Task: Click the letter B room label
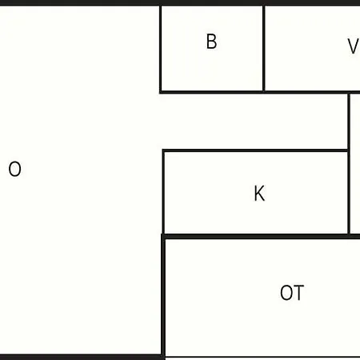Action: [x=212, y=42]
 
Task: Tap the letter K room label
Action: [x=259, y=193]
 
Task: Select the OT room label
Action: [x=292, y=293]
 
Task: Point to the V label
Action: [x=354, y=46]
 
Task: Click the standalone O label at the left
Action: [x=14, y=169]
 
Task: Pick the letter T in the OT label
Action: [x=298, y=293]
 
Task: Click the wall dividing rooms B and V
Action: [x=264, y=49]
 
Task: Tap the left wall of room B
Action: [x=161, y=49]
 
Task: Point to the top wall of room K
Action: [x=255, y=150]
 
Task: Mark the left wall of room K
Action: [x=163, y=192]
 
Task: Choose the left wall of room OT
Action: [x=163, y=297]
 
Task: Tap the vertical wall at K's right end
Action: [x=349, y=164]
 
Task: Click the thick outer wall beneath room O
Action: [x=81, y=358]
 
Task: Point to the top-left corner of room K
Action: [x=164, y=150]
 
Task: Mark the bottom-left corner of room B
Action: [x=161, y=92]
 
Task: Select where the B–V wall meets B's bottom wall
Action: [x=264, y=92]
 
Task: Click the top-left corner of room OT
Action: [x=163, y=236]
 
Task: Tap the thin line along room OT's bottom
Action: [x=262, y=357]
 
